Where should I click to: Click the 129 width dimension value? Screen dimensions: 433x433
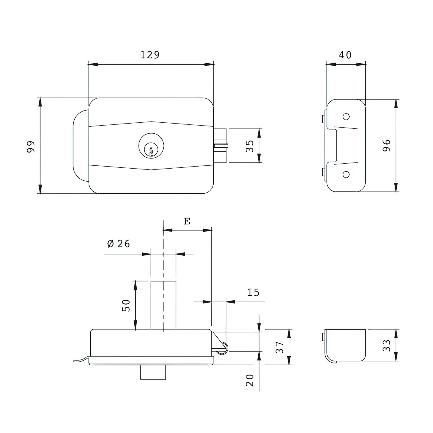[x=150, y=55]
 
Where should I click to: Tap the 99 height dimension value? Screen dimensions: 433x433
[x=31, y=146]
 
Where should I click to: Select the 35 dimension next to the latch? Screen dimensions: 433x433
[x=250, y=146]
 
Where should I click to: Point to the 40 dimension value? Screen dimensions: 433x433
[x=345, y=55]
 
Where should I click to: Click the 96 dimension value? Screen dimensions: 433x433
[x=386, y=145]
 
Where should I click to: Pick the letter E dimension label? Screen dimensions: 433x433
[x=187, y=221]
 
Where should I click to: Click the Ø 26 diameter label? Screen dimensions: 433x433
[x=119, y=244]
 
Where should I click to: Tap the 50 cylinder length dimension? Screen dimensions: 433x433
[x=126, y=305]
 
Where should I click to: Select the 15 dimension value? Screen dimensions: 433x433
[x=253, y=292]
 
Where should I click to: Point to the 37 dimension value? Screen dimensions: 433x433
[x=280, y=347]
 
